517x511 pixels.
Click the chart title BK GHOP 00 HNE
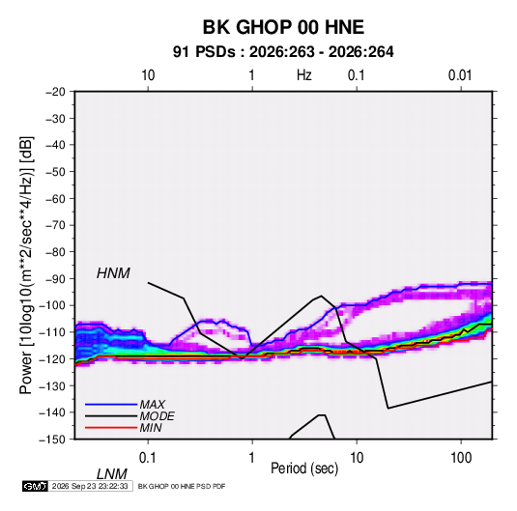(x=283, y=27)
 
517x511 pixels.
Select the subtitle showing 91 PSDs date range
(x=283, y=52)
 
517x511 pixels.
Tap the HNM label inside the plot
(x=113, y=273)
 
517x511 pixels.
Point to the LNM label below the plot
(x=111, y=474)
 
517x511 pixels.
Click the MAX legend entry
(x=152, y=404)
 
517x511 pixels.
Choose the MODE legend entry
(x=157, y=416)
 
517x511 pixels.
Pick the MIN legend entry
(x=151, y=428)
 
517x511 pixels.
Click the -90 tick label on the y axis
(x=55, y=279)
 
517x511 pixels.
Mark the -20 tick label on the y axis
(x=55, y=92)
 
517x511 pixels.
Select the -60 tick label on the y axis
(x=55, y=198)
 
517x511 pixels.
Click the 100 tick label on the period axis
(x=461, y=458)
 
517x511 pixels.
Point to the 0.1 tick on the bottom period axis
(x=148, y=458)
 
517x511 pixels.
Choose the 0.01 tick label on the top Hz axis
(x=460, y=75)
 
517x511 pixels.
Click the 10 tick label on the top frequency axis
(x=148, y=75)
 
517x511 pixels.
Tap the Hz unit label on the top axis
(x=304, y=75)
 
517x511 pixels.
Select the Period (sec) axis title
(x=304, y=468)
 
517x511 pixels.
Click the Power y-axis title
(x=27, y=265)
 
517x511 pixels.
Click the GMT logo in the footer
(x=35, y=486)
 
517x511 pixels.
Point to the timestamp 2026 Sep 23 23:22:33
(x=90, y=486)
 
